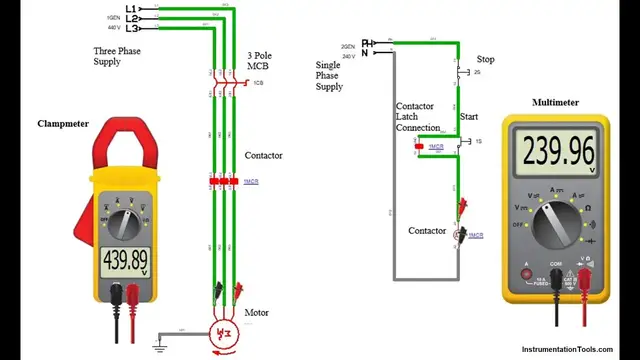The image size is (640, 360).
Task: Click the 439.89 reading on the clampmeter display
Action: coord(125,261)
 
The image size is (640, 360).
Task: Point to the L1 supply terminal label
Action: coord(130,9)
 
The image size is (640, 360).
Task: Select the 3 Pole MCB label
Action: coord(260,60)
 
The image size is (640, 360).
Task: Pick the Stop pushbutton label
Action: coord(485,59)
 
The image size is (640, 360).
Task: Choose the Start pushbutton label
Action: coord(468,117)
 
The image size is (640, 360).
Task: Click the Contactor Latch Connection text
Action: coord(417,117)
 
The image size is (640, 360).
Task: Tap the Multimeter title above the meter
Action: coord(555,102)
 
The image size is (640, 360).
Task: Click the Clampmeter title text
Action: coord(63,124)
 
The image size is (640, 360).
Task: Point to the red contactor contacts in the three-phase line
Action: coord(224,181)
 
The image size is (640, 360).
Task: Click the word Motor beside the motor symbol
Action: coord(257,313)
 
